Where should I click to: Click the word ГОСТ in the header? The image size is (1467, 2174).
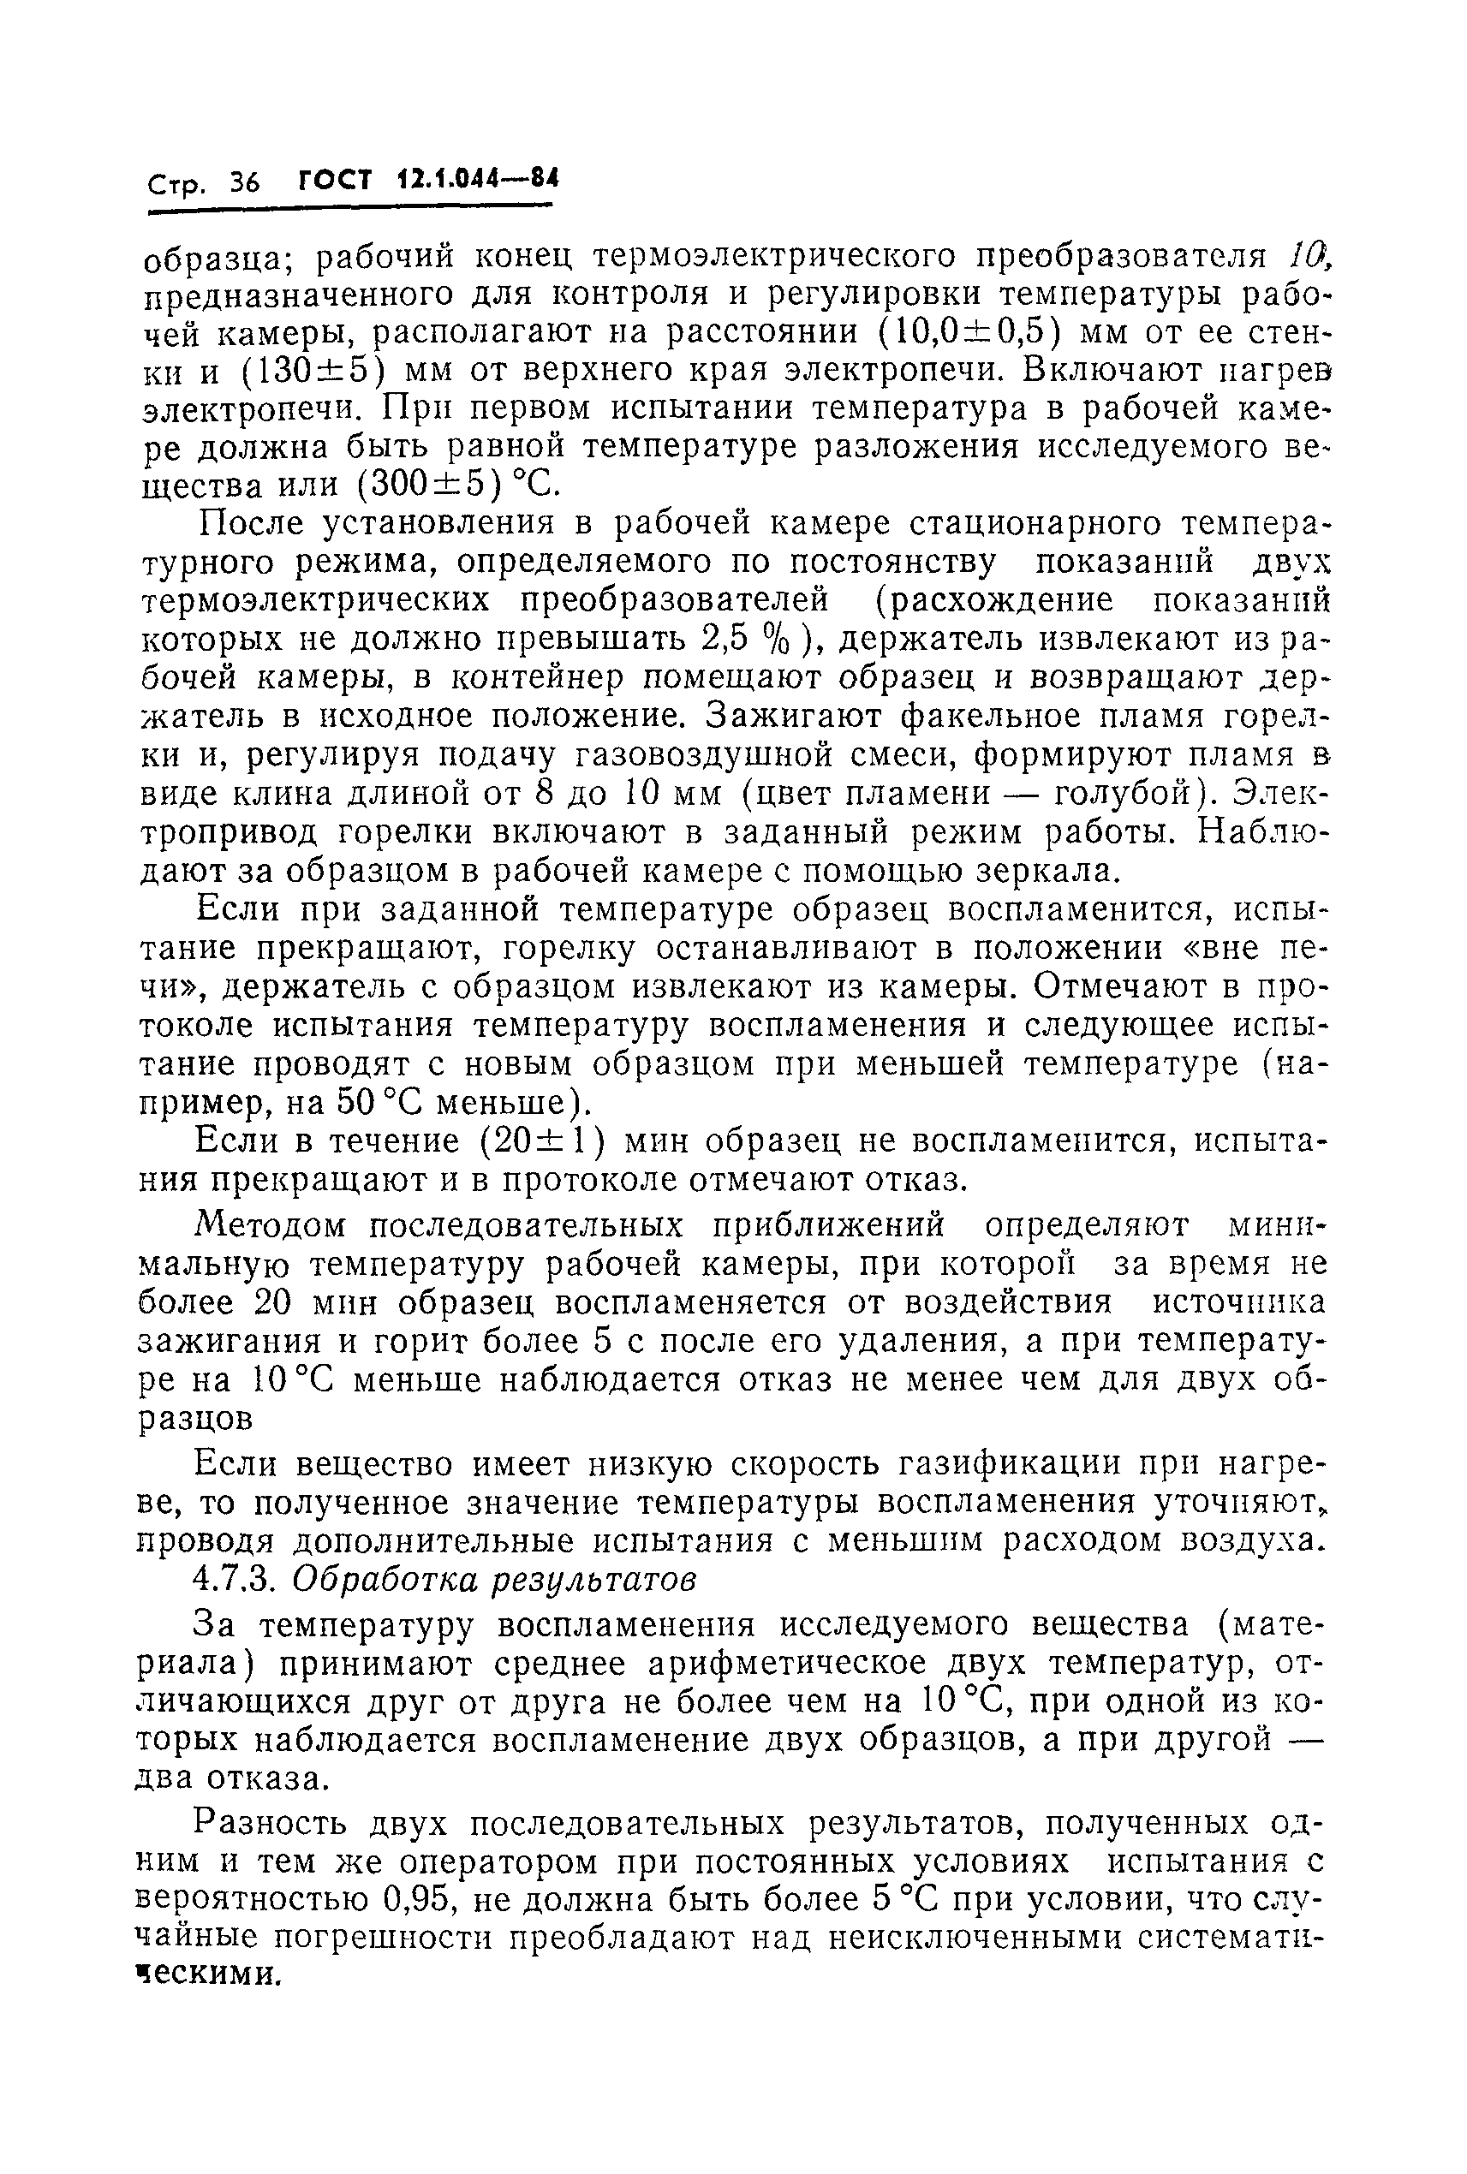click(x=335, y=179)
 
